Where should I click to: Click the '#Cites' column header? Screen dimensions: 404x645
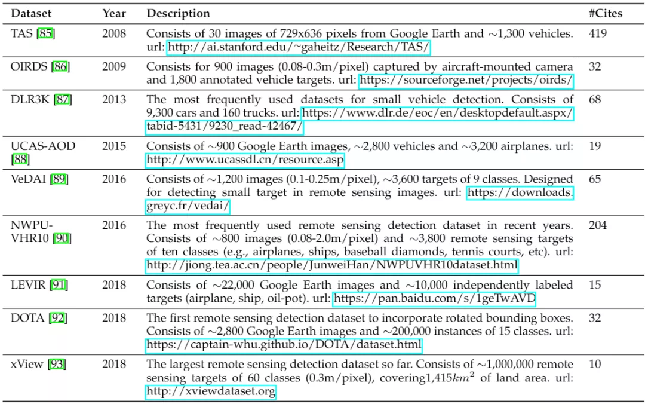point(605,13)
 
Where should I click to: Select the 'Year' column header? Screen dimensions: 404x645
point(114,13)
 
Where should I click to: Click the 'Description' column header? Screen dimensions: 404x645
point(179,13)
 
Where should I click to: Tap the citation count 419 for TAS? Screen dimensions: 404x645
point(598,33)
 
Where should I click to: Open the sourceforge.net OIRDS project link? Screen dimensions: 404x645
point(466,80)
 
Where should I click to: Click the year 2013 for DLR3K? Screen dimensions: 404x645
point(114,99)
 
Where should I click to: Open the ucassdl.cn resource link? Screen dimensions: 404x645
point(245,160)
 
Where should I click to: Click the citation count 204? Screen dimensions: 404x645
point(598,225)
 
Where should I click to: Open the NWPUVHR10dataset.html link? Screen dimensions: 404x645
point(331,265)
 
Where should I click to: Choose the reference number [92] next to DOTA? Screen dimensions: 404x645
point(57,318)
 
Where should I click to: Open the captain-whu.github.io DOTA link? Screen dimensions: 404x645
point(284,345)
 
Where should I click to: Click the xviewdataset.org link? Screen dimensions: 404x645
point(211,392)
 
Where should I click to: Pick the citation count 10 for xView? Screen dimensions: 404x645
point(595,365)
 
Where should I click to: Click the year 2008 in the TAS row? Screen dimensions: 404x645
point(114,33)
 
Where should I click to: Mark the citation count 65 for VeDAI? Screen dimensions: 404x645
point(595,179)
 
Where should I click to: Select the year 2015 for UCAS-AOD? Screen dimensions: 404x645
point(114,146)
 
